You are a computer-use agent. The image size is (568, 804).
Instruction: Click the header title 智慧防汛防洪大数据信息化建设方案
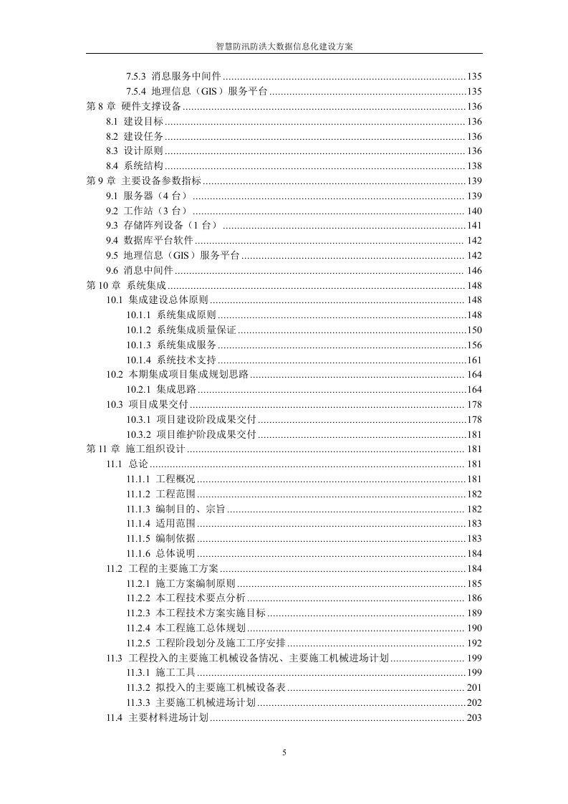coord(284,45)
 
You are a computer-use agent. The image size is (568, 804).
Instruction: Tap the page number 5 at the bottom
coord(284,752)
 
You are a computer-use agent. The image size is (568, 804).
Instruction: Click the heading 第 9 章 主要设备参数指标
coord(143,181)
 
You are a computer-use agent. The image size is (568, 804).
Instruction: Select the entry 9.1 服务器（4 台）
coord(147,196)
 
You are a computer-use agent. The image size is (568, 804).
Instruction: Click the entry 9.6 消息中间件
coord(140,270)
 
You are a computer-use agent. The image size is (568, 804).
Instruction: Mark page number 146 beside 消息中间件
coord(473,270)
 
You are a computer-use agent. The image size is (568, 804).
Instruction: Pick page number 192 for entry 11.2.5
coord(473,643)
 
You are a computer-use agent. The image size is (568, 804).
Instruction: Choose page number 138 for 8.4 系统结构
coord(473,166)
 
